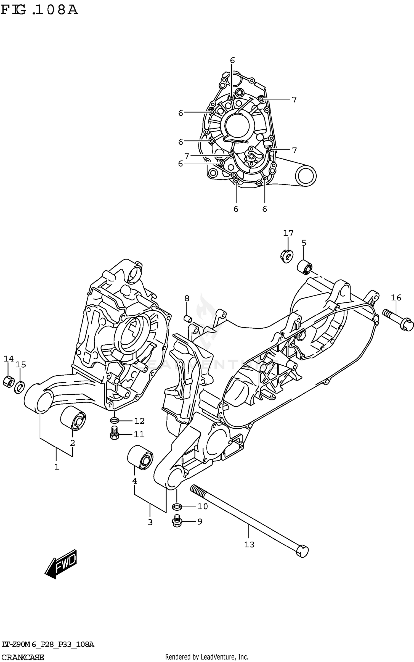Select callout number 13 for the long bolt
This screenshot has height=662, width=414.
(249, 544)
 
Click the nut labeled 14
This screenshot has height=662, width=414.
(8, 382)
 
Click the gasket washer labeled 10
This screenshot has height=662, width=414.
(177, 507)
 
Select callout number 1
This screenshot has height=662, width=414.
(56, 467)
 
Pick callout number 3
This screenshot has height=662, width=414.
(150, 522)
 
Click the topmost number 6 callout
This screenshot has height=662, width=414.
(232, 60)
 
